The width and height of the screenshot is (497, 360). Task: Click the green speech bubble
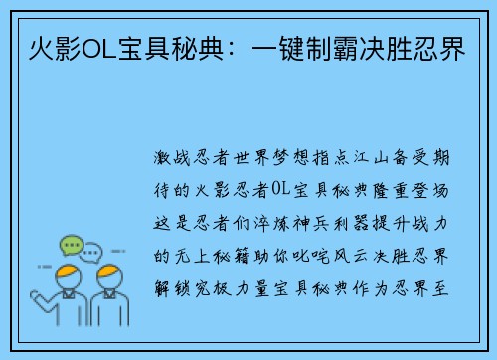click(x=71, y=244)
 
